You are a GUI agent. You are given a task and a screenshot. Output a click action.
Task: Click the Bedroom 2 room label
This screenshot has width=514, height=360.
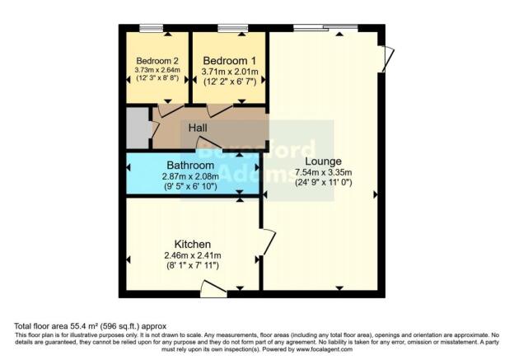157,61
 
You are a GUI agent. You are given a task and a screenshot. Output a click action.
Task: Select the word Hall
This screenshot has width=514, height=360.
198,129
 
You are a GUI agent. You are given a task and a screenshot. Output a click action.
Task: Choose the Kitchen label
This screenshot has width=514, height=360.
192,245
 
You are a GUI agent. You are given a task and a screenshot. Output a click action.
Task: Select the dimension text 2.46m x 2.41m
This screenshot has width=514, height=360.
192,256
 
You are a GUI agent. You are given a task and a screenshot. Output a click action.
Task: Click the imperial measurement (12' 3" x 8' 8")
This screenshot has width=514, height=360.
157,80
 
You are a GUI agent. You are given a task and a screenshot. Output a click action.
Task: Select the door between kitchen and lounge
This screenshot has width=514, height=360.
269,243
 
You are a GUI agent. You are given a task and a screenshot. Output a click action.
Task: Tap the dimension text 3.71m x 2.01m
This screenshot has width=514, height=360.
229,72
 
